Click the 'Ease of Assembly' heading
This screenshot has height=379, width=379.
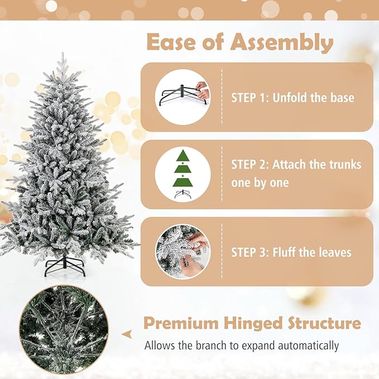point(240,42)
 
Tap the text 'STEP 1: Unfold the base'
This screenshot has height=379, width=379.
point(292,98)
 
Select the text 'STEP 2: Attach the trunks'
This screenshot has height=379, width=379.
point(296,165)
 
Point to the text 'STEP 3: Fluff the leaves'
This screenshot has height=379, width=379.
point(291,252)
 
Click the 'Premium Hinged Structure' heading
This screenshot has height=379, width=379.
point(252,323)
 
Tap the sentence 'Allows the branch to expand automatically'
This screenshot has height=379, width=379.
point(242,346)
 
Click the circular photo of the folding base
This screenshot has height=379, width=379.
point(183,97)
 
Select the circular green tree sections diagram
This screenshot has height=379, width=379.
point(183,174)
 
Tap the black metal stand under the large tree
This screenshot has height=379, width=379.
point(65,266)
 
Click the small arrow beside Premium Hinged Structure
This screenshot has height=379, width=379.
point(128,334)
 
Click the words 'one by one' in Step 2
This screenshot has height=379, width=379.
point(260,183)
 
